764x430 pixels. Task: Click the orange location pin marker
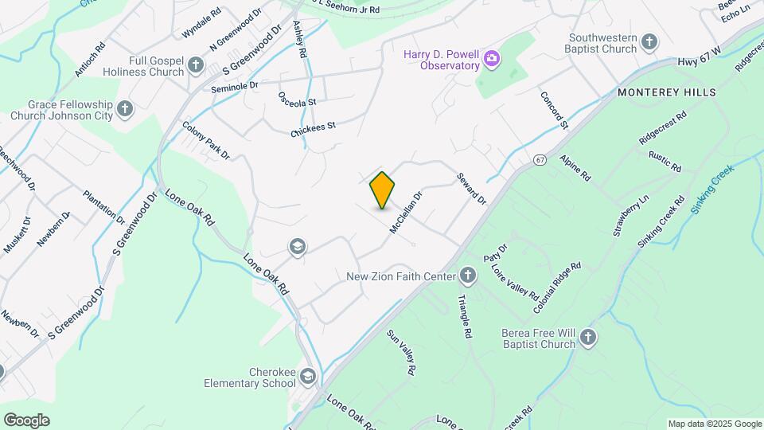pos(383,190)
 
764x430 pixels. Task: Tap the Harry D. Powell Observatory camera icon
pos(493,57)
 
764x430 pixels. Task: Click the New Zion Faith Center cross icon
pos(468,276)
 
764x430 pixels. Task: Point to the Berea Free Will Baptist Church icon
pos(588,338)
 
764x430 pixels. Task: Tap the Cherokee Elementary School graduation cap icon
pos(308,376)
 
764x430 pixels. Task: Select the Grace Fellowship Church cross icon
pos(125,108)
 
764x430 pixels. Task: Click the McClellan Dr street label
pos(406,212)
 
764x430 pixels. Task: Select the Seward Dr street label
pos(470,189)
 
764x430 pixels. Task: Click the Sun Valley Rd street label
pos(401,353)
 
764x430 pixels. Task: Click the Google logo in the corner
pos(26,420)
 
